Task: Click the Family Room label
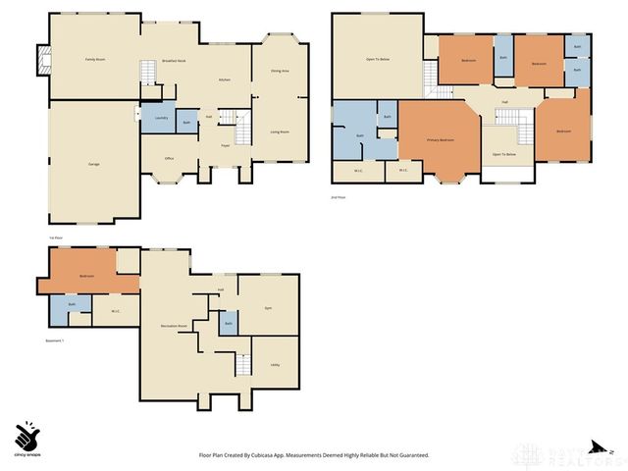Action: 94,60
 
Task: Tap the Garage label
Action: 93,163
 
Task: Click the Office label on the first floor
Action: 169,157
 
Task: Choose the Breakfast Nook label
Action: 176,61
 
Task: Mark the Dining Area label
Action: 279,71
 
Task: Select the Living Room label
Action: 279,131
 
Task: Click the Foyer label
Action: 225,145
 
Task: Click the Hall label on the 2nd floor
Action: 504,101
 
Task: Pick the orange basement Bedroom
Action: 86,276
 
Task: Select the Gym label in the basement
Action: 268,308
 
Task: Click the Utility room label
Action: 275,364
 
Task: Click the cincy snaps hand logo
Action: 28,435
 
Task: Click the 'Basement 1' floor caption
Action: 55,340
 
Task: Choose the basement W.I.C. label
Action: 115,312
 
